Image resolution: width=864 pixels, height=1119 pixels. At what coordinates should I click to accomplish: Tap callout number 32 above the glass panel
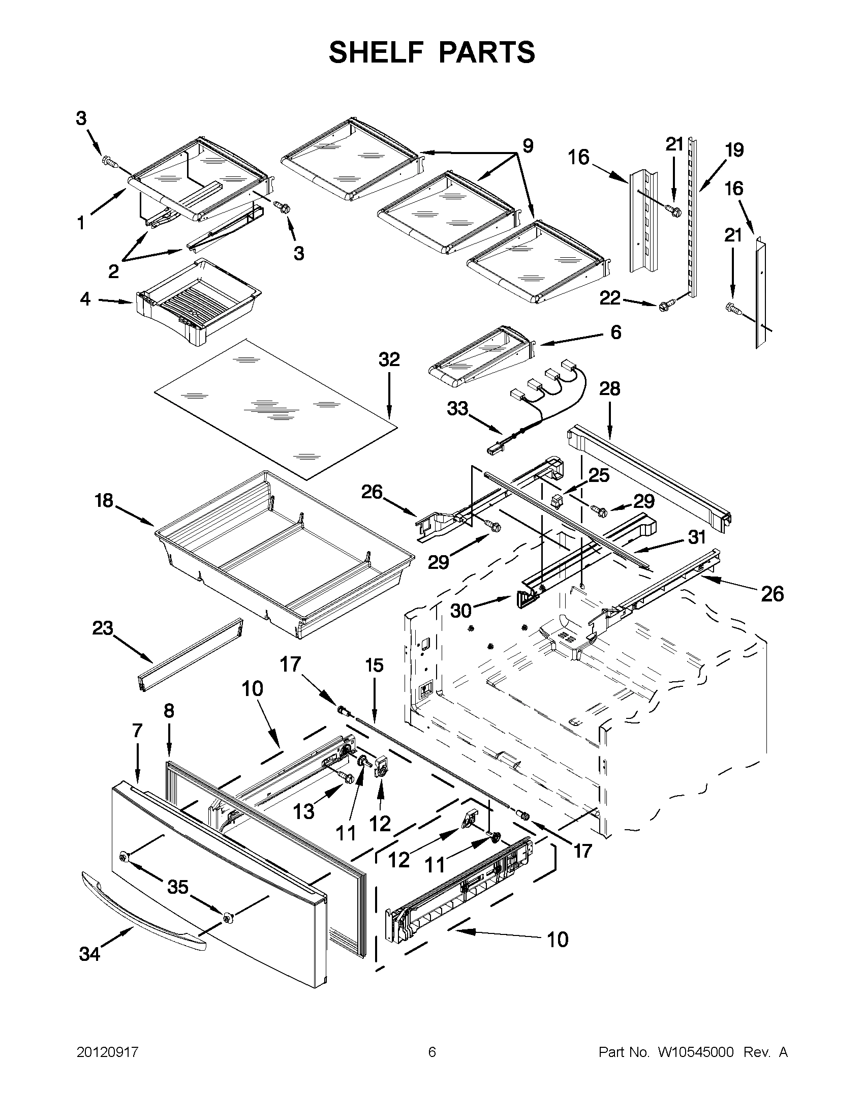click(389, 359)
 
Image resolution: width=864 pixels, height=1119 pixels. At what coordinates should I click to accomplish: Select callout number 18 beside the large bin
click(104, 500)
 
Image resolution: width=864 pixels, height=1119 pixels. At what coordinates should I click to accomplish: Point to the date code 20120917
click(108, 1052)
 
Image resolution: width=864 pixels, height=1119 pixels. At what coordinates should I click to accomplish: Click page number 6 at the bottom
click(431, 1052)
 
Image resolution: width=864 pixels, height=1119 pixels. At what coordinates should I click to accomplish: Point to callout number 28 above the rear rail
click(609, 389)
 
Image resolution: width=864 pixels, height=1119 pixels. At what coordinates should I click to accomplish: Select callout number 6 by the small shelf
click(615, 332)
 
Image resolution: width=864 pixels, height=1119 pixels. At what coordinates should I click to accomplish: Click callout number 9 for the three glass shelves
click(528, 146)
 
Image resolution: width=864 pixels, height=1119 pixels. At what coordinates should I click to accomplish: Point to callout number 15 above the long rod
click(374, 666)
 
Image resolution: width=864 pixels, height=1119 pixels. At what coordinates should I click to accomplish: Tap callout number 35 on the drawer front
click(178, 887)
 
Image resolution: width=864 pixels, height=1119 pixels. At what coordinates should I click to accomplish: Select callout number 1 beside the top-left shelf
click(81, 223)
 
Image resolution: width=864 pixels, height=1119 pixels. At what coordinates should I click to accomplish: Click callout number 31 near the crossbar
click(697, 537)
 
